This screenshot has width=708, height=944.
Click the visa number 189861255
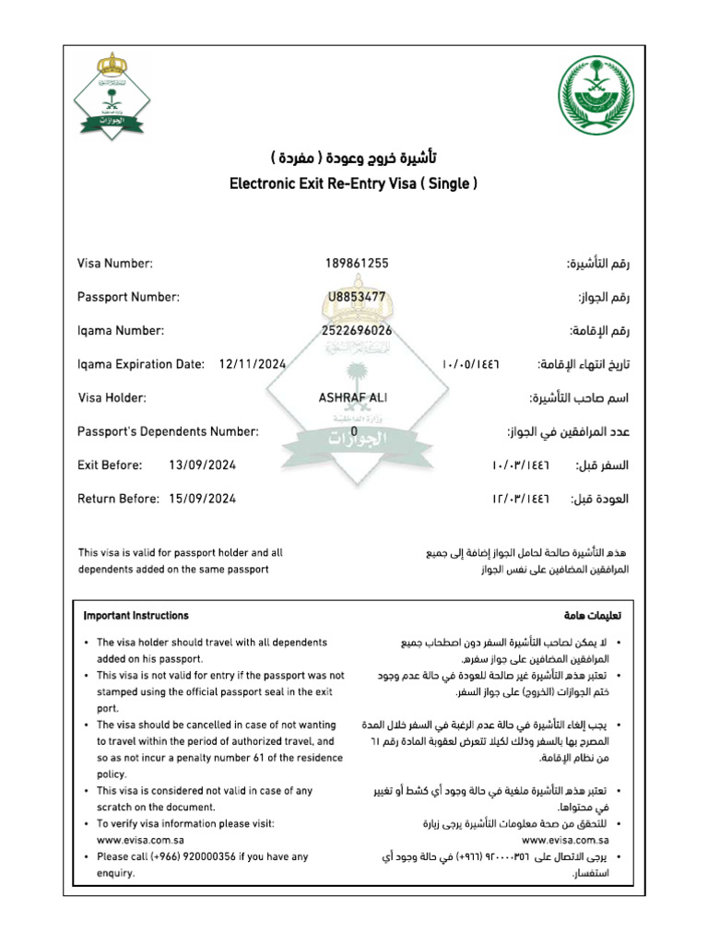click(x=357, y=264)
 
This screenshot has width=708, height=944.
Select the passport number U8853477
click(x=356, y=297)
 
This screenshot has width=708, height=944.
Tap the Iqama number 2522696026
click(x=357, y=330)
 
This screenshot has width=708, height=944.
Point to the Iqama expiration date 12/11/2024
click(x=253, y=364)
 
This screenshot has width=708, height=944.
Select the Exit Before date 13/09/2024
click(x=203, y=465)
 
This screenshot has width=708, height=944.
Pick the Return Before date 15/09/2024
click(x=203, y=499)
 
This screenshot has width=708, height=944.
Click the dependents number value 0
click(x=354, y=431)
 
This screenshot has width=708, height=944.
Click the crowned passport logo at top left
click(x=112, y=96)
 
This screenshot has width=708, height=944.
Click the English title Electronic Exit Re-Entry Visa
click(x=353, y=183)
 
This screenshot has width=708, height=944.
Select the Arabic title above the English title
click(x=353, y=153)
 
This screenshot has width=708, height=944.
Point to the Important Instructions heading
click(x=136, y=616)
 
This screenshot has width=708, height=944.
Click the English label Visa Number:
click(x=115, y=264)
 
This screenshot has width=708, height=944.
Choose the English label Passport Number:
click(x=128, y=297)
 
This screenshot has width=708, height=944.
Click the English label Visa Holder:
click(x=112, y=397)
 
